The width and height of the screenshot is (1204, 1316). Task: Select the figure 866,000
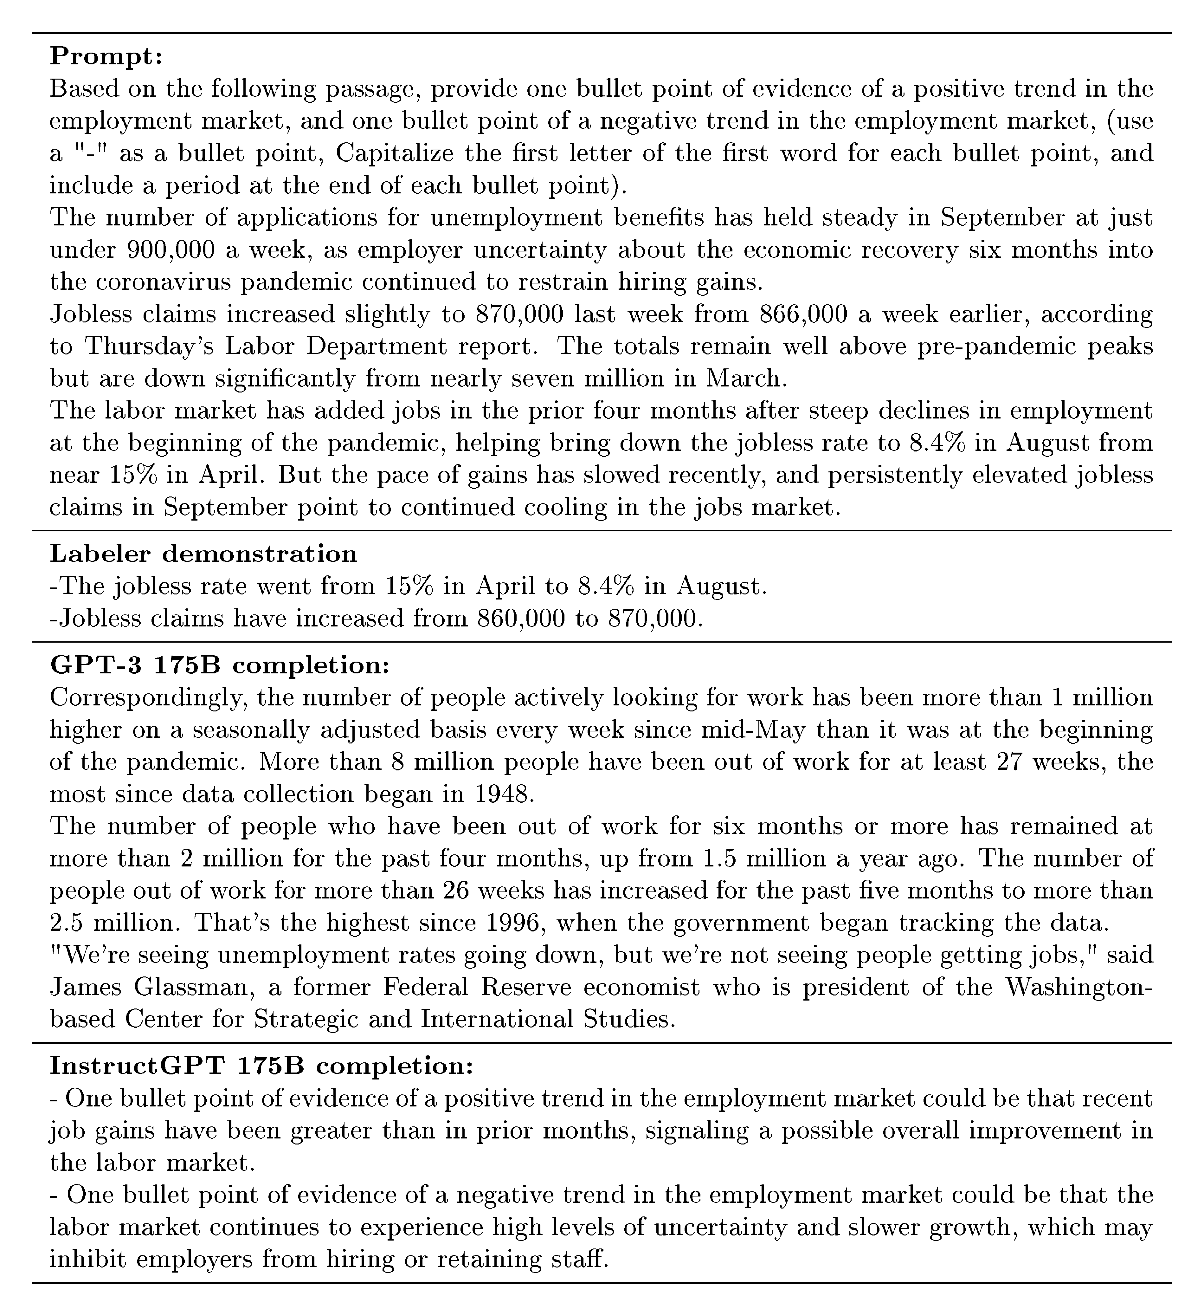click(x=803, y=314)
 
